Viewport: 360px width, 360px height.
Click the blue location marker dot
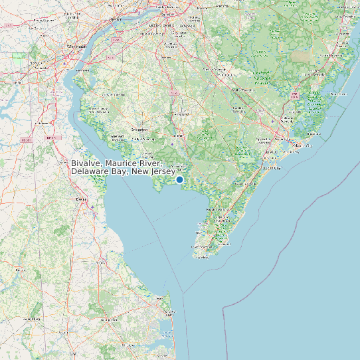tap(179, 179)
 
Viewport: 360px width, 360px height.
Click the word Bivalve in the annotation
tap(88, 163)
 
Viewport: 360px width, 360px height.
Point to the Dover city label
tap(82, 199)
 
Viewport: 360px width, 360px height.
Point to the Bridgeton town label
tap(140, 130)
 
